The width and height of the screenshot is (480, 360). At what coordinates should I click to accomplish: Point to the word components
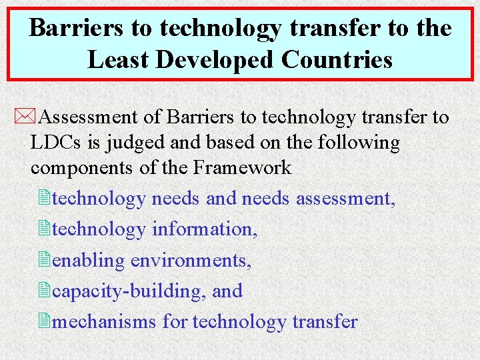pos(83,167)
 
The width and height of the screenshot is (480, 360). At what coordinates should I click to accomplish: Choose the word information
pos(204,229)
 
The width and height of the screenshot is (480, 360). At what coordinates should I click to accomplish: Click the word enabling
pos(88,261)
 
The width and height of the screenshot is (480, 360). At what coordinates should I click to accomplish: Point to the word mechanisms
pos(105,322)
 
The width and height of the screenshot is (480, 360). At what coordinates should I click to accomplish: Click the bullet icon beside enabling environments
pos(44,260)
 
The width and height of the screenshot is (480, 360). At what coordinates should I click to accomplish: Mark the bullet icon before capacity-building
pos(44,291)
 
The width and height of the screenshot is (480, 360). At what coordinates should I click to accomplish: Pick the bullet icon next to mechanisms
pos(44,321)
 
